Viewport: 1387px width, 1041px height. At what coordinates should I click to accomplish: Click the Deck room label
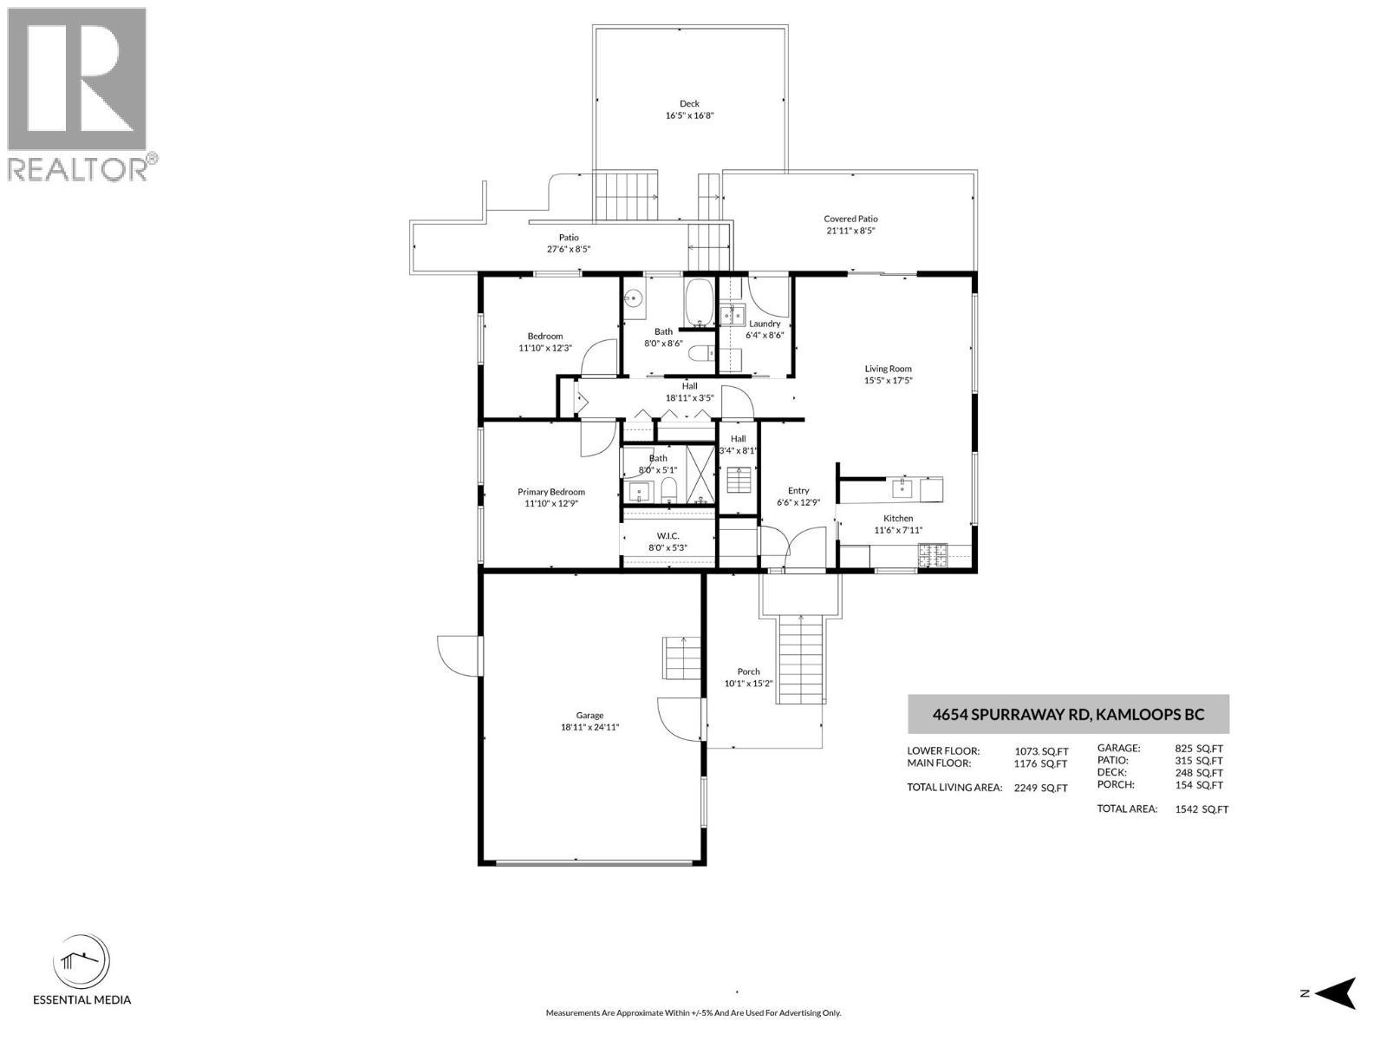coord(689,104)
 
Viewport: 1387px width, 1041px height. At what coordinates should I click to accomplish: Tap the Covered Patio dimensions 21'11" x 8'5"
coord(850,231)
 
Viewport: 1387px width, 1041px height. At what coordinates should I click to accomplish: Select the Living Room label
coord(888,369)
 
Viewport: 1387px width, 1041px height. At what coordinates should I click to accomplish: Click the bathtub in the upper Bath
coord(699,301)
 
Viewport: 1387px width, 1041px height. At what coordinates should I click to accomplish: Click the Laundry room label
coord(765,324)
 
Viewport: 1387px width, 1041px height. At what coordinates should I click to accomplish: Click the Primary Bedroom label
coord(551,492)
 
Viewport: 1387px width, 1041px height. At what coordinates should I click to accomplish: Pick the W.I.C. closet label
coord(667,535)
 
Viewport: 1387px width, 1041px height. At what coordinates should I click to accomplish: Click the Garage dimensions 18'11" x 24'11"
coord(589,728)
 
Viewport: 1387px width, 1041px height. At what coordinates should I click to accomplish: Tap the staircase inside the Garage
coord(681,658)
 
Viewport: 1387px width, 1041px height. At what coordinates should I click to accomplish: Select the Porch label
coord(748,671)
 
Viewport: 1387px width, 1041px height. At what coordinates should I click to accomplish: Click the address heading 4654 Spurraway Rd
coord(1068,716)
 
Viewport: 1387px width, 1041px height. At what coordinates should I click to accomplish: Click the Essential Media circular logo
coord(81,964)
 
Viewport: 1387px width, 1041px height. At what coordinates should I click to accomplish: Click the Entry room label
coord(798,491)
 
